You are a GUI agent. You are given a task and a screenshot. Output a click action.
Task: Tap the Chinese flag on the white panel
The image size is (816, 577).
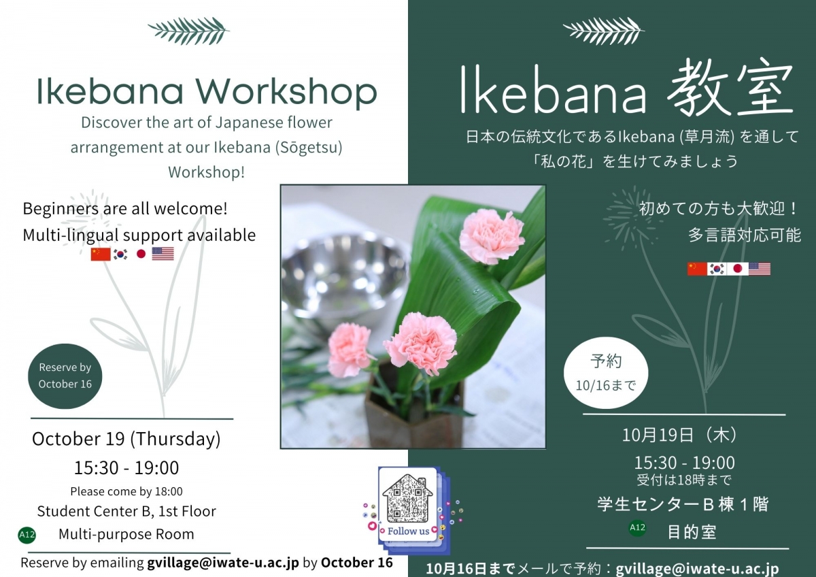click(100, 254)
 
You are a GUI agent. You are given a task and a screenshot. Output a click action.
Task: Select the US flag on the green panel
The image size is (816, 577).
click(760, 269)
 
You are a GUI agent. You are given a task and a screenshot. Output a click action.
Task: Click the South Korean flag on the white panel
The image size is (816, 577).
click(120, 254)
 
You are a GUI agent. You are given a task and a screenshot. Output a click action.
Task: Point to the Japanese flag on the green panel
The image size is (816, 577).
click(738, 269)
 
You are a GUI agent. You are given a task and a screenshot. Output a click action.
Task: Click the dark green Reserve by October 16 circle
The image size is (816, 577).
click(65, 376)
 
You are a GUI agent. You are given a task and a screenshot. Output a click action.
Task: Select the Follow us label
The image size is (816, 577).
click(408, 531)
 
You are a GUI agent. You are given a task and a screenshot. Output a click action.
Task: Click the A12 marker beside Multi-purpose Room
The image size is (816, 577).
click(27, 535)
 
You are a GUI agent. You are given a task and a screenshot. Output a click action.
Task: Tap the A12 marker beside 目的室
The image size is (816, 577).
click(637, 527)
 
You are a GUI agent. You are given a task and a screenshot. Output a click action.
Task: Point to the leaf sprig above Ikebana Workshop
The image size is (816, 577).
click(188, 29)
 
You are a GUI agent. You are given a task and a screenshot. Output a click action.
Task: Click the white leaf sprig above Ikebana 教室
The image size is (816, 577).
click(604, 29)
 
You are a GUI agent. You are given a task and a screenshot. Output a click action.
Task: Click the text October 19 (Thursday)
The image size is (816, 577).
click(126, 439)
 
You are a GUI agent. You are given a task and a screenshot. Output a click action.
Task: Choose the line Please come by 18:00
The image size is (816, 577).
click(126, 491)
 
